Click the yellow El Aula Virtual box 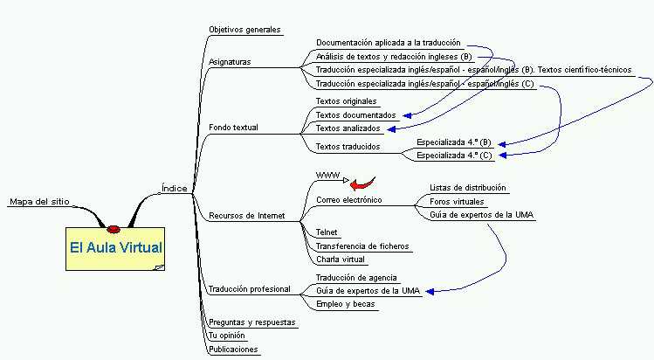[115, 249]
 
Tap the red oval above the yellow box [114, 229]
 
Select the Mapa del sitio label [39, 202]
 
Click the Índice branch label [175, 189]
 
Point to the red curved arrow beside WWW [362, 183]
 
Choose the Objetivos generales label [244, 30]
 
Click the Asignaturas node [230, 62]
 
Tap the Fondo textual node [233, 128]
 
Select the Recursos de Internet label [247, 216]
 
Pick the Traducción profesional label [250, 289]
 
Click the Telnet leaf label [327, 232]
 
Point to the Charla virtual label [341, 260]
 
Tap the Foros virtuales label [457, 202]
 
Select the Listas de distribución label [467, 188]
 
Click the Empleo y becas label [346, 304]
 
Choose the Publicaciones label [233, 350]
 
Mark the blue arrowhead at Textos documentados [407, 115]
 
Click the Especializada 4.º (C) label [454, 156]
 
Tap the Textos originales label [346, 101]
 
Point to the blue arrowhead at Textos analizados [391, 129]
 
